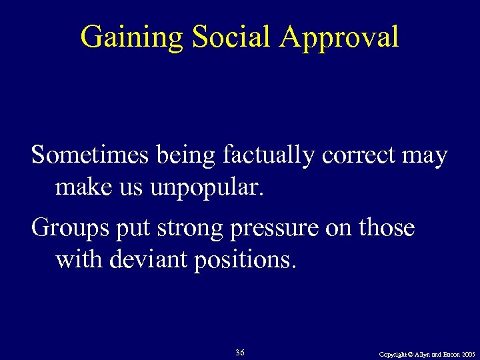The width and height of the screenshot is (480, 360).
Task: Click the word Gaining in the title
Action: pyautogui.click(x=131, y=37)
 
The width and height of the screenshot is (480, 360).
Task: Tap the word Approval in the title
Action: pyautogui.click(x=339, y=37)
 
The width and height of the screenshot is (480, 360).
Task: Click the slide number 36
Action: pyautogui.click(x=240, y=351)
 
